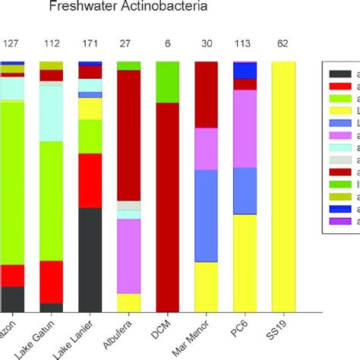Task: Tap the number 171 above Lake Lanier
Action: (x=90, y=44)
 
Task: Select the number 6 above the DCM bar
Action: (x=168, y=44)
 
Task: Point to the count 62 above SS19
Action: (x=283, y=44)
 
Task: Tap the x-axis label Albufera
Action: (x=127, y=335)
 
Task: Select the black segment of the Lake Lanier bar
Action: (x=90, y=259)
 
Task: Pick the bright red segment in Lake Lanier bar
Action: (x=90, y=180)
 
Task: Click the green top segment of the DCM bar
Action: (x=168, y=82)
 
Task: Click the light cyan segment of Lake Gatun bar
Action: (x=52, y=113)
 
